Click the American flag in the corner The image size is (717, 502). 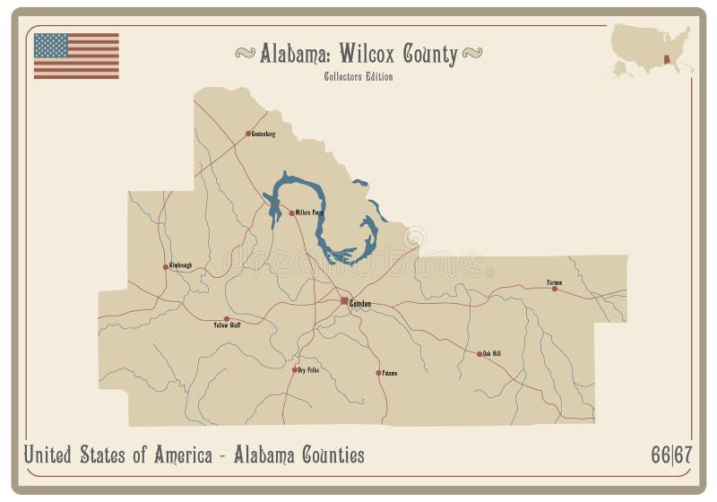[76, 56]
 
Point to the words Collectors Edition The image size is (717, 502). [358, 76]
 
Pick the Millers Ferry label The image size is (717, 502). [309, 213]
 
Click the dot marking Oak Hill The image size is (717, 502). [479, 354]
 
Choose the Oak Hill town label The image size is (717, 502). [492, 354]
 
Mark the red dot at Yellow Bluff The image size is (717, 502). [226, 319]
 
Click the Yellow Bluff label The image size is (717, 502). [227, 325]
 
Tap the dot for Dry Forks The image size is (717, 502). [294, 369]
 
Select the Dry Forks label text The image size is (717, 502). [308, 369]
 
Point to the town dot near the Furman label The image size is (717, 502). [554, 288]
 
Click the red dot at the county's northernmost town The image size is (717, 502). [248, 134]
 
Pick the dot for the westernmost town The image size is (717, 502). [166, 266]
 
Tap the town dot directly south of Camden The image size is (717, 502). [377, 372]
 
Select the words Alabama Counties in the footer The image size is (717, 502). [300, 455]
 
